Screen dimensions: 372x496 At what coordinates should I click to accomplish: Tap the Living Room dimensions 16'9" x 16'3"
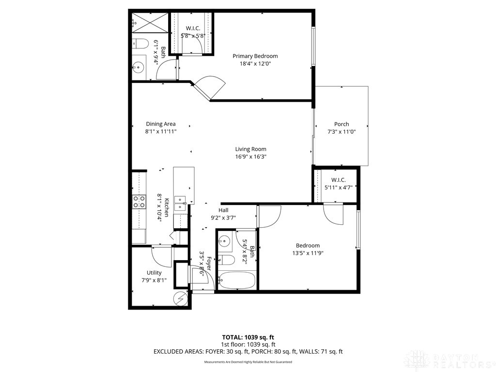250,157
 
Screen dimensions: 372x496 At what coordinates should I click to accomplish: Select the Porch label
341,124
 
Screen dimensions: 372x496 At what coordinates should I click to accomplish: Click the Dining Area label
160,124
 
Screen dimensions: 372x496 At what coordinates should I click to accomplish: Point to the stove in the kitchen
139,202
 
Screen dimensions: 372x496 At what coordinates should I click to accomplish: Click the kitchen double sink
180,202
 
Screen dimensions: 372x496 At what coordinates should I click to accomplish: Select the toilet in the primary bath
140,44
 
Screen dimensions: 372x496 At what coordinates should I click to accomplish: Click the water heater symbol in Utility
181,299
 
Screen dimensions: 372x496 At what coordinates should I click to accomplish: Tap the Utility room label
154,273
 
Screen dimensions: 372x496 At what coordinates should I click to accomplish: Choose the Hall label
223,210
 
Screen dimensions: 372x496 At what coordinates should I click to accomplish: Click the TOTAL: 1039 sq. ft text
248,337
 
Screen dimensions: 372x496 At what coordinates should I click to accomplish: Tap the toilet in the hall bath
227,260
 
